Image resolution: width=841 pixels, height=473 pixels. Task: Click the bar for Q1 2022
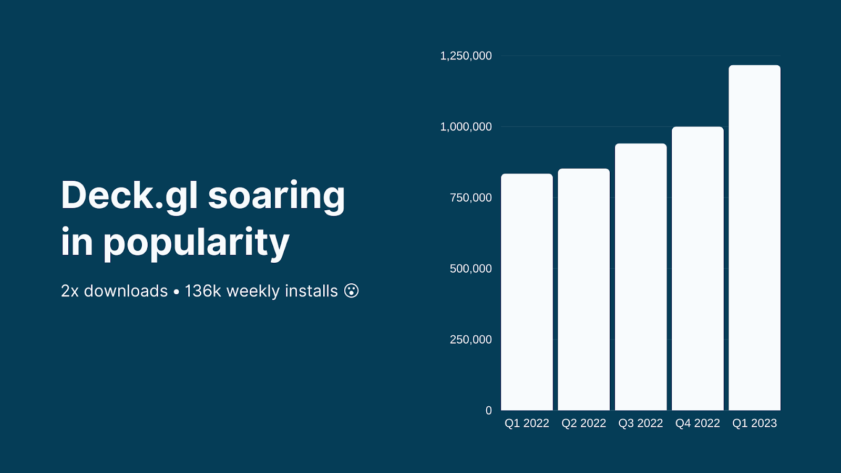(x=527, y=292)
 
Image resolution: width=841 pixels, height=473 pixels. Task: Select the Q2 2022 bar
(x=584, y=290)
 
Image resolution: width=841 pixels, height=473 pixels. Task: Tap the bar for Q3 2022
(x=641, y=277)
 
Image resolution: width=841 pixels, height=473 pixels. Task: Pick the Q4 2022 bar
(x=698, y=269)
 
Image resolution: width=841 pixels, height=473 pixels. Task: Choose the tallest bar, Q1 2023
(x=755, y=238)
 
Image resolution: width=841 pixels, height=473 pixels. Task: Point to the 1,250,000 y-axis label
(x=466, y=56)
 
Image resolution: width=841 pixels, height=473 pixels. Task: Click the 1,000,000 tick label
(x=466, y=127)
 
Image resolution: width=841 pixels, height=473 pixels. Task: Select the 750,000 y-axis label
(x=471, y=198)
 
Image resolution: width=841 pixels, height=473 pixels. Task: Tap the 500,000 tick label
(x=471, y=269)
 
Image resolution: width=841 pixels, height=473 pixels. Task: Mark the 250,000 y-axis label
(x=471, y=340)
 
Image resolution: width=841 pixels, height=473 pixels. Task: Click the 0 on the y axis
(x=488, y=410)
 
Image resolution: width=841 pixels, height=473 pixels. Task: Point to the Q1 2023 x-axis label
(x=755, y=424)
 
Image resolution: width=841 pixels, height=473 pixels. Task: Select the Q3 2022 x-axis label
(x=641, y=424)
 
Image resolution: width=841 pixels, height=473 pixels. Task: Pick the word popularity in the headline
(x=197, y=243)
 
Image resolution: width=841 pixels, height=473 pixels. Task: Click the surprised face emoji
(x=352, y=291)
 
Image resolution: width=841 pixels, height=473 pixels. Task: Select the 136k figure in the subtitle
(x=203, y=291)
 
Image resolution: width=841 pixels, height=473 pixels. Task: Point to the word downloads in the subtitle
(x=126, y=291)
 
